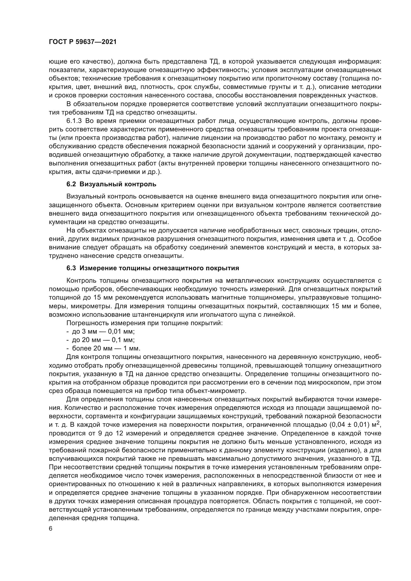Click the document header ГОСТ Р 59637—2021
click(x=83, y=42)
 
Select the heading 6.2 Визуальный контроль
click(x=111, y=184)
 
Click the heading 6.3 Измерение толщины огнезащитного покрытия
click(x=153, y=268)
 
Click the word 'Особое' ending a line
click(x=370, y=239)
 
